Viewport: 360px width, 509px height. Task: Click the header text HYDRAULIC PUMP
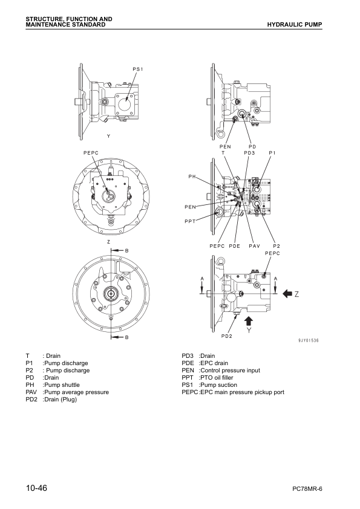[298, 24]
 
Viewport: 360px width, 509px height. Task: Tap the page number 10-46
[38, 487]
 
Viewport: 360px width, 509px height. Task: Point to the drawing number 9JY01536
[309, 341]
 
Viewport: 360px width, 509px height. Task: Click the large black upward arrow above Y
[249, 320]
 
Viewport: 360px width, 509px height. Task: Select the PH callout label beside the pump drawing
[192, 177]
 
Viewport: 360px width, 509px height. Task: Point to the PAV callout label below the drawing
[254, 246]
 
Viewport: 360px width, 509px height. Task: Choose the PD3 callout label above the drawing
[249, 153]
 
